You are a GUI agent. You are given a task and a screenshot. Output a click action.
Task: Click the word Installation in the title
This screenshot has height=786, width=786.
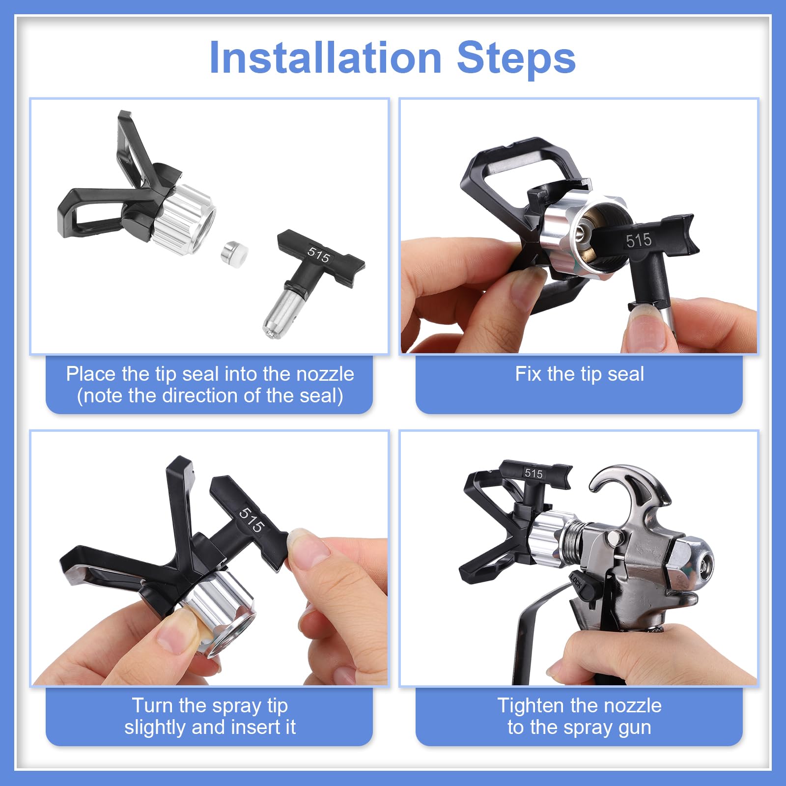[x=326, y=58]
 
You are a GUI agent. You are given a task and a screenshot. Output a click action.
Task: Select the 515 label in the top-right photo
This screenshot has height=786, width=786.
[x=639, y=240]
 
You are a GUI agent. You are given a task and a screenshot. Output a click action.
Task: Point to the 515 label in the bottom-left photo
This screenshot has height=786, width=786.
[x=252, y=520]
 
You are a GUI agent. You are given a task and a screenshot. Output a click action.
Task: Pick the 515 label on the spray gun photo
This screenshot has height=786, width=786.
[x=533, y=474]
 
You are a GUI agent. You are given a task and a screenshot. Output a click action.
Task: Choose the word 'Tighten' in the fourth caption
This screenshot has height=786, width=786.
[x=530, y=706]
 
